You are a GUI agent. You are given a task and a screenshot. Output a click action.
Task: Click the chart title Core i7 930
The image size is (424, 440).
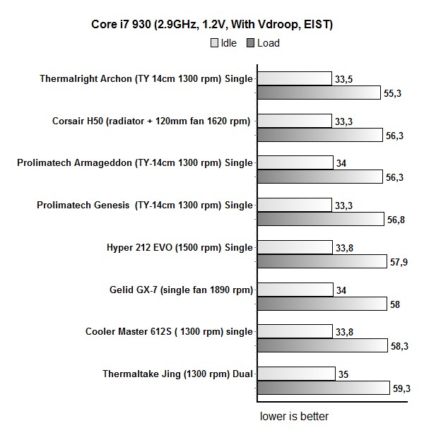pyautogui.click(x=212, y=25)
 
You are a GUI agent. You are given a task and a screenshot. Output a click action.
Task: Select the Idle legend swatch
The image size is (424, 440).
pyautogui.click(x=214, y=43)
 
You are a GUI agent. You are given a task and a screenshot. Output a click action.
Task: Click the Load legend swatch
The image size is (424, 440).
pyautogui.click(x=251, y=43)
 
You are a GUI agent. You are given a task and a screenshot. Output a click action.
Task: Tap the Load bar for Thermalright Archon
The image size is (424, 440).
pyautogui.click(x=318, y=93)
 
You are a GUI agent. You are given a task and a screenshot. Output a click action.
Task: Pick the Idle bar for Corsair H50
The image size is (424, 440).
pyautogui.click(x=294, y=121)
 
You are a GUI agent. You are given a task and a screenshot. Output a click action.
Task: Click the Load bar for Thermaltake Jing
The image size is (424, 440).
pyautogui.click(x=323, y=388)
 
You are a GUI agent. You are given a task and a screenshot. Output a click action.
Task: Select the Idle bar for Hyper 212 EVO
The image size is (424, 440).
pyautogui.click(x=294, y=247)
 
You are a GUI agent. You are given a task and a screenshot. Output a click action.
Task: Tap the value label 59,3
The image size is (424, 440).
pyautogui.click(x=401, y=388)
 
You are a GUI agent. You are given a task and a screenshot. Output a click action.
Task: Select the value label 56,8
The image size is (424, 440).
pyautogui.click(x=396, y=220)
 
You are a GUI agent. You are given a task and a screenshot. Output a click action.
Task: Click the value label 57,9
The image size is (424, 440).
pyautogui.click(x=399, y=262)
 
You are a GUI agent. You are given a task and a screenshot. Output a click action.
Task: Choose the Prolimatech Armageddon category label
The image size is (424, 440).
pyautogui.click(x=135, y=163)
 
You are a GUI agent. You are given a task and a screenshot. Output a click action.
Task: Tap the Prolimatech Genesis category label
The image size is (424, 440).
pyautogui.click(x=145, y=205)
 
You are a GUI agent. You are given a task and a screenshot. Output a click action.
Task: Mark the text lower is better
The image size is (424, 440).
pyautogui.click(x=294, y=416)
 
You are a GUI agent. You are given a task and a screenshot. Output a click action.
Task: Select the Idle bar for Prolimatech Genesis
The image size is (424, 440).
pyautogui.click(x=294, y=205)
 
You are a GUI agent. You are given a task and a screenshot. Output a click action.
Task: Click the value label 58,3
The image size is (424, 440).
pyautogui.click(x=401, y=346)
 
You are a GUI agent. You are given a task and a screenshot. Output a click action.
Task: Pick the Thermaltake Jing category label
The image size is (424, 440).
pyautogui.click(x=177, y=374)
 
